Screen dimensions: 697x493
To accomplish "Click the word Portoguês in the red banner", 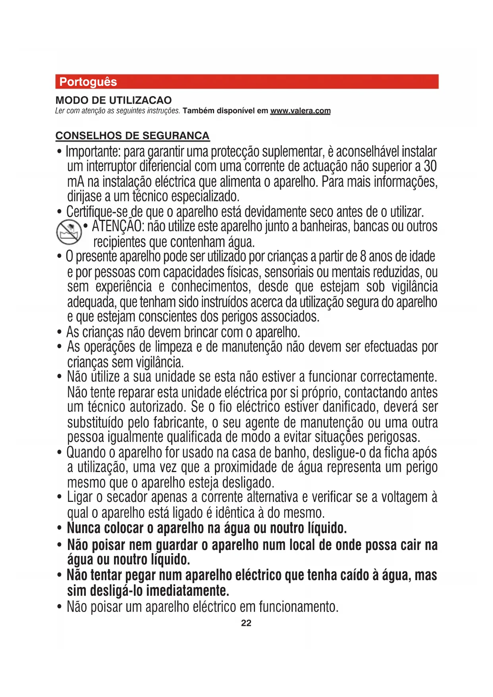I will pos(88,82).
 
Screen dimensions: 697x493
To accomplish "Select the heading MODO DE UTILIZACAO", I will pos(114,100).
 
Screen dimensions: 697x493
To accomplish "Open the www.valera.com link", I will pos(300,111).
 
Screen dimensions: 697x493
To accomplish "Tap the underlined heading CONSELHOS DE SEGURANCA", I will pos(132,136).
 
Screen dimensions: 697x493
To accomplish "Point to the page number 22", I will pos(246,623).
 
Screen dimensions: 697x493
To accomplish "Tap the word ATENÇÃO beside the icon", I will pos(118,227).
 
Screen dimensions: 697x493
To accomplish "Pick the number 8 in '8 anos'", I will pos(363,257).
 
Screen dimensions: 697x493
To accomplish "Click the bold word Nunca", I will pos(83,529).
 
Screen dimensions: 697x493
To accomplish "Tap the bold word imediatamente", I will pos(187,591).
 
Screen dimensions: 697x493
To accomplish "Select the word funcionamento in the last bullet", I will pos(298,607).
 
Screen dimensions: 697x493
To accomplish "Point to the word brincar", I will pos(201,332).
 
